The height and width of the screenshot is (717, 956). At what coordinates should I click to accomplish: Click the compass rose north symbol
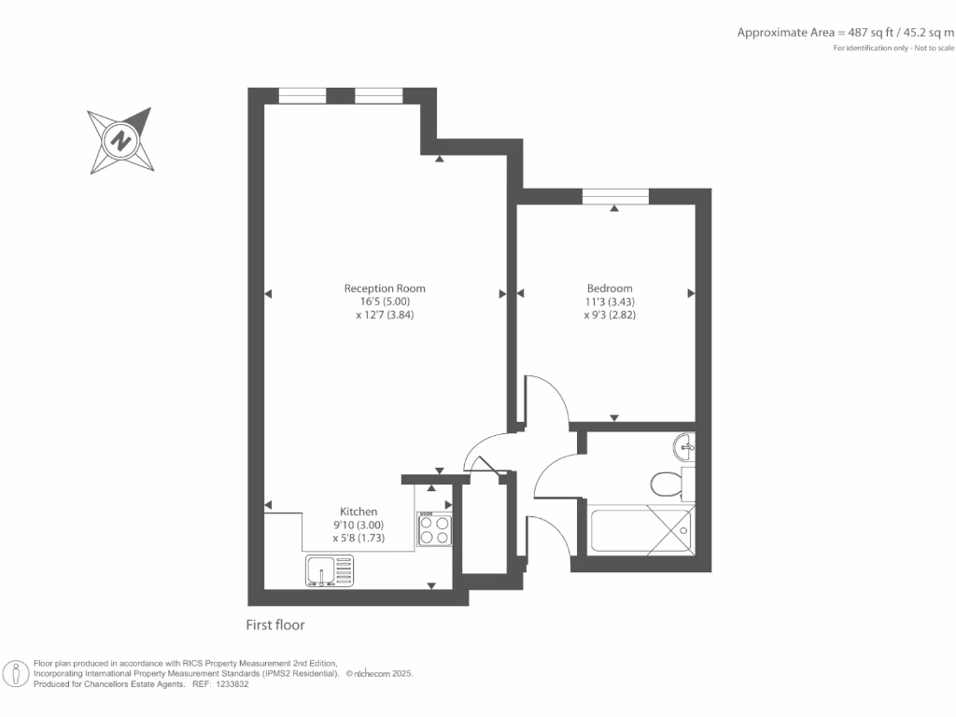pos(120,142)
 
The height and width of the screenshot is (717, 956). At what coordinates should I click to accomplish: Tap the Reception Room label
pos(385,288)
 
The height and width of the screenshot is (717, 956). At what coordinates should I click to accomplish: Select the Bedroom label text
pos(610,288)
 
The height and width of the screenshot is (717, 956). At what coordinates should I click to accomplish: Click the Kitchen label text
pos(358,512)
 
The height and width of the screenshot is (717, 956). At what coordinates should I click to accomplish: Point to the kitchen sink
pos(330,570)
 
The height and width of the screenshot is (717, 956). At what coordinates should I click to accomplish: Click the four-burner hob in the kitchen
pos(434,529)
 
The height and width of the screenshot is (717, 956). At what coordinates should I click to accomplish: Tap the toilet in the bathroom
pos(666,484)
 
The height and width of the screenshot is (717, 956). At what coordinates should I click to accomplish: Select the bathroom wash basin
pos(683,446)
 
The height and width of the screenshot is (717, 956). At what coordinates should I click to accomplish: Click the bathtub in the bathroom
pos(641,530)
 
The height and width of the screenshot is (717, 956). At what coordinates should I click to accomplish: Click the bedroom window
pos(614,196)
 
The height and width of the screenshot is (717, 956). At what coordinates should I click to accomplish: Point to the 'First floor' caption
pos(275,626)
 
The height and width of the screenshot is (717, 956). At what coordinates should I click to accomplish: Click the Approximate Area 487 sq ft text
pos(845,32)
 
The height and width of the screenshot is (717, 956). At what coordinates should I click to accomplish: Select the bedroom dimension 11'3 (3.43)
pos(611,302)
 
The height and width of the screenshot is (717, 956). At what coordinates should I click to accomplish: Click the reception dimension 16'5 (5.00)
pos(385,302)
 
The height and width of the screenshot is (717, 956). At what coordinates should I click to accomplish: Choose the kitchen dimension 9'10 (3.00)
pos(358,526)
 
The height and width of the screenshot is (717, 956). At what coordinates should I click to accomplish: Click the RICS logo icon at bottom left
pos(16,673)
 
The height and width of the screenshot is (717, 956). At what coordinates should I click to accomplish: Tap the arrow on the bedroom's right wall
pos(692,293)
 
